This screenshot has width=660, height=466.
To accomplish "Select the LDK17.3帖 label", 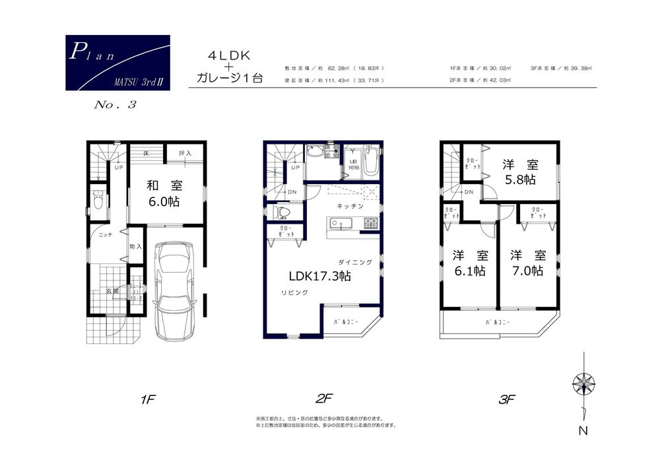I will pyautogui.click(x=318, y=277).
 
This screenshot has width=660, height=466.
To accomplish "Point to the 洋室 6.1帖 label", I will pyautogui.click(x=470, y=263).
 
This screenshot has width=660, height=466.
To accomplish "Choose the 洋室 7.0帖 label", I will pyautogui.click(x=526, y=263).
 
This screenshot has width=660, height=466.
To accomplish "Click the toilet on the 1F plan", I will pyautogui.click(x=98, y=200).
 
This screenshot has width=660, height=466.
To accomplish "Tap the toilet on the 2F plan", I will pyautogui.click(x=280, y=213).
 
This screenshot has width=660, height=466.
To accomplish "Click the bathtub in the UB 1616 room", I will pyautogui.click(x=370, y=160).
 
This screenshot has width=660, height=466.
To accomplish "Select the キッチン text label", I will pyautogui.click(x=350, y=207).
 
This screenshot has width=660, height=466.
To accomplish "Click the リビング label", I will pyautogui.click(x=294, y=292).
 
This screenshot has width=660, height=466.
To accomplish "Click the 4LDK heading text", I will pyautogui.click(x=230, y=53).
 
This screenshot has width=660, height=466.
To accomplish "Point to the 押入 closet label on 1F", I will pyautogui.click(x=185, y=154).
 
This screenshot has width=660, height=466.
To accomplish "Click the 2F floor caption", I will pyautogui.click(x=323, y=399).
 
